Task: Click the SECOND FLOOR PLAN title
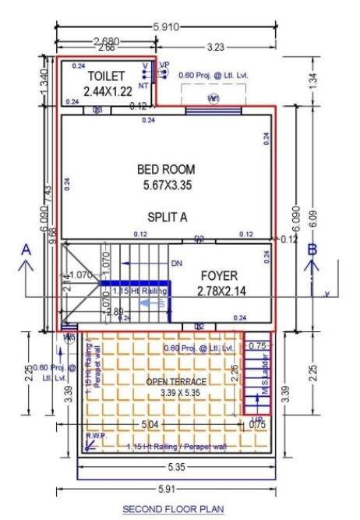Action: click(173, 509)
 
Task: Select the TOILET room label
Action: click(105, 76)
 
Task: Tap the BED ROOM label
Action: click(165, 169)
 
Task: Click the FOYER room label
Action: click(219, 276)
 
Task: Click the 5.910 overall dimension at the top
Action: click(165, 27)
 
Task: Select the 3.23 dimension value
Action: click(216, 48)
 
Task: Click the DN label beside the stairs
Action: click(177, 264)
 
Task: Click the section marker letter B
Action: click(312, 250)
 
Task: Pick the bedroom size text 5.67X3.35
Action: click(165, 186)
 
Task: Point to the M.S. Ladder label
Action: click(265, 380)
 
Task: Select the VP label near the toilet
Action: click(164, 65)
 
